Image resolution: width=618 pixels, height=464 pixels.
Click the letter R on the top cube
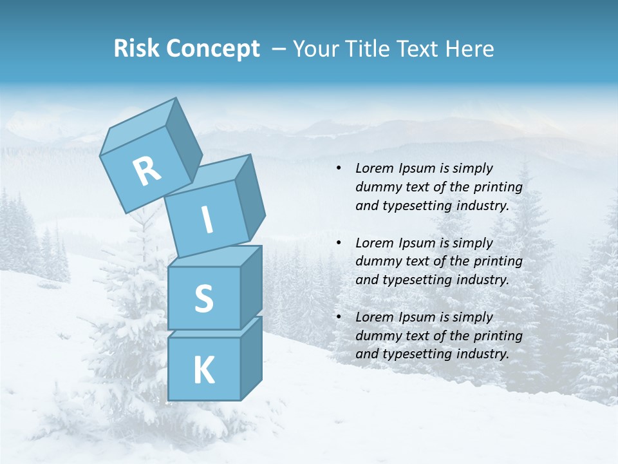pyautogui.click(x=147, y=171)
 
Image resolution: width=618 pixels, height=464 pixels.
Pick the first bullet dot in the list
pyautogui.click(x=339, y=168)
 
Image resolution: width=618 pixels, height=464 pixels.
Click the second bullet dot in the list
pyautogui.click(x=339, y=243)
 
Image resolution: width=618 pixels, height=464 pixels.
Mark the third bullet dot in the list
pyautogui.click(x=339, y=317)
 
